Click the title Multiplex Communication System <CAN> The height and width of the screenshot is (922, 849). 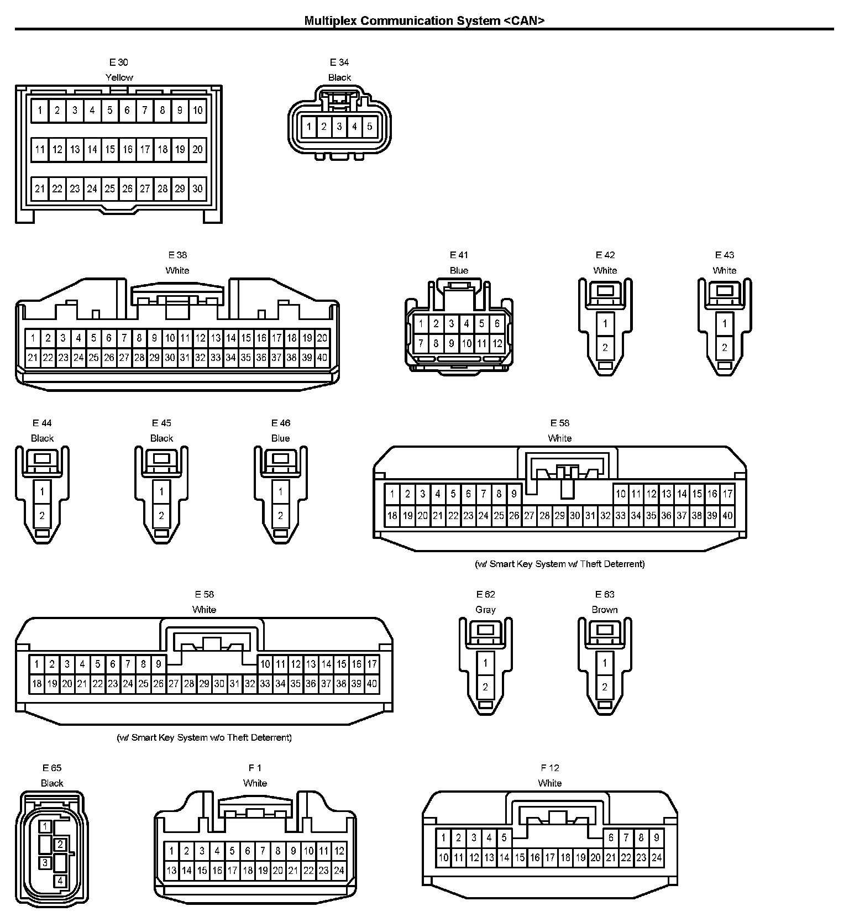pos(424,21)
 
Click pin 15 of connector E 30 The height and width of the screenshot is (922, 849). pos(110,149)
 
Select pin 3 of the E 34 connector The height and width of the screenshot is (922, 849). pos(339,127)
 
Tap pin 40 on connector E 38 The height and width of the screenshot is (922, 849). pos(322,358)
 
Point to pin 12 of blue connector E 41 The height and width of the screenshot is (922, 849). pos(497,343)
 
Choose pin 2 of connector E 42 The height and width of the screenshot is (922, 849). pos(605,348)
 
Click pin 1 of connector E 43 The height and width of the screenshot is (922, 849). pos(725,323)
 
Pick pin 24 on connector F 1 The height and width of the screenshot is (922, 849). pos(339,871)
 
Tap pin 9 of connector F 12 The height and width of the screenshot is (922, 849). pos(657,837)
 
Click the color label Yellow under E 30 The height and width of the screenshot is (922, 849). pos(119,77)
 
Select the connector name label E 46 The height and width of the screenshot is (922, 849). pos(281,423)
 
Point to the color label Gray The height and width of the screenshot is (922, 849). pos(485,610)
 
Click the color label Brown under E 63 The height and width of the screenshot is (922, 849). pos(605,610)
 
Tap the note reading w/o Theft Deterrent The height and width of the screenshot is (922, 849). pos(204,737)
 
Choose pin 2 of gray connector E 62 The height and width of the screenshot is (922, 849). pos(485,687)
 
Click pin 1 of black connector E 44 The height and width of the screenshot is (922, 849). pos(42,491)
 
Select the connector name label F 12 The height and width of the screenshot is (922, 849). pos(550,768)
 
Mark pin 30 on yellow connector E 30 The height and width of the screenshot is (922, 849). pos(197,188)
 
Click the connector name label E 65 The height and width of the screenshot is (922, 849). pos(52,768)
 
